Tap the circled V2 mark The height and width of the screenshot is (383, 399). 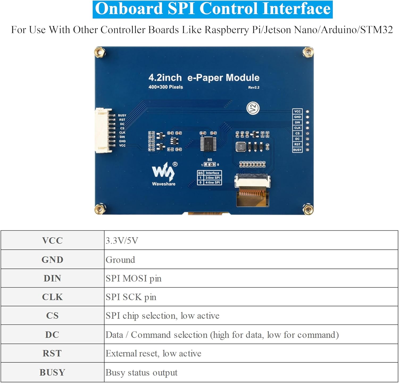253,108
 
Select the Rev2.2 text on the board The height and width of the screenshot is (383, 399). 254,87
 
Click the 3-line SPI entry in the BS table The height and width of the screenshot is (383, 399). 212,177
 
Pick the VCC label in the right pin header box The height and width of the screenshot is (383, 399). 297,111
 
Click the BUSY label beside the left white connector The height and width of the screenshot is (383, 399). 122,115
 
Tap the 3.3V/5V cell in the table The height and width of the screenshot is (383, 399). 122,240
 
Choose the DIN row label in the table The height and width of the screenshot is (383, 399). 52,278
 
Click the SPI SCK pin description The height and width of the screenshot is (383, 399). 131,297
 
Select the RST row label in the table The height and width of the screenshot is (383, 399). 52,353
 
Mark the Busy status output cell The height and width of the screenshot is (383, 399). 141,372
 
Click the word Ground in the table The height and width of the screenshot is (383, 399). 120,260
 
